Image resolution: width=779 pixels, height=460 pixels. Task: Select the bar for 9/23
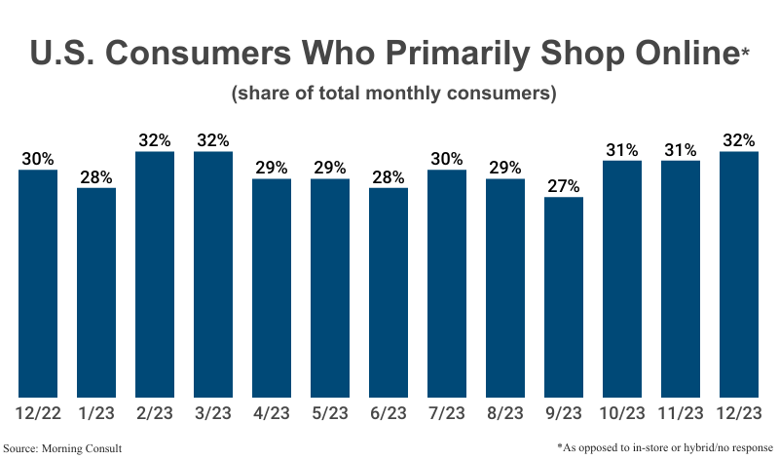tap(564, 297)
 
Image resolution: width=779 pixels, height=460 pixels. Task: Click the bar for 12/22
tap(38, 284)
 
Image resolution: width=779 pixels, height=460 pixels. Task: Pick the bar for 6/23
tap(389, 292)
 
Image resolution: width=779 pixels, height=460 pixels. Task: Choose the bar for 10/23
tap(622, 279)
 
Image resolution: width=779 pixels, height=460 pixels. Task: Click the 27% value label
tap(564, 185)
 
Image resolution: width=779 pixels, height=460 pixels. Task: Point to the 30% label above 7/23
tap(447, 158)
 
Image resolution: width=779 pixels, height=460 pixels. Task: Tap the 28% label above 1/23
tap(96, 176)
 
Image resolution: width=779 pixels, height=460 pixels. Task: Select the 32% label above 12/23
tap(739, 139)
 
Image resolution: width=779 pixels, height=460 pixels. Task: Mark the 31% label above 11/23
tap(681, 149)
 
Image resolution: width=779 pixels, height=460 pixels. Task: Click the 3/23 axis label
tap(213, 414)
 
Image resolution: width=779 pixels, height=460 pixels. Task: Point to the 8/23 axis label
tap(505, 414)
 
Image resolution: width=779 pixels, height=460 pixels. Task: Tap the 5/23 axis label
tap(330, 414)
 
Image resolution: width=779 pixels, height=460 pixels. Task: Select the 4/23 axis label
tap(272, 414)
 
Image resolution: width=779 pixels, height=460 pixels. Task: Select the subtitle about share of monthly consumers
tap(392, 95)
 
